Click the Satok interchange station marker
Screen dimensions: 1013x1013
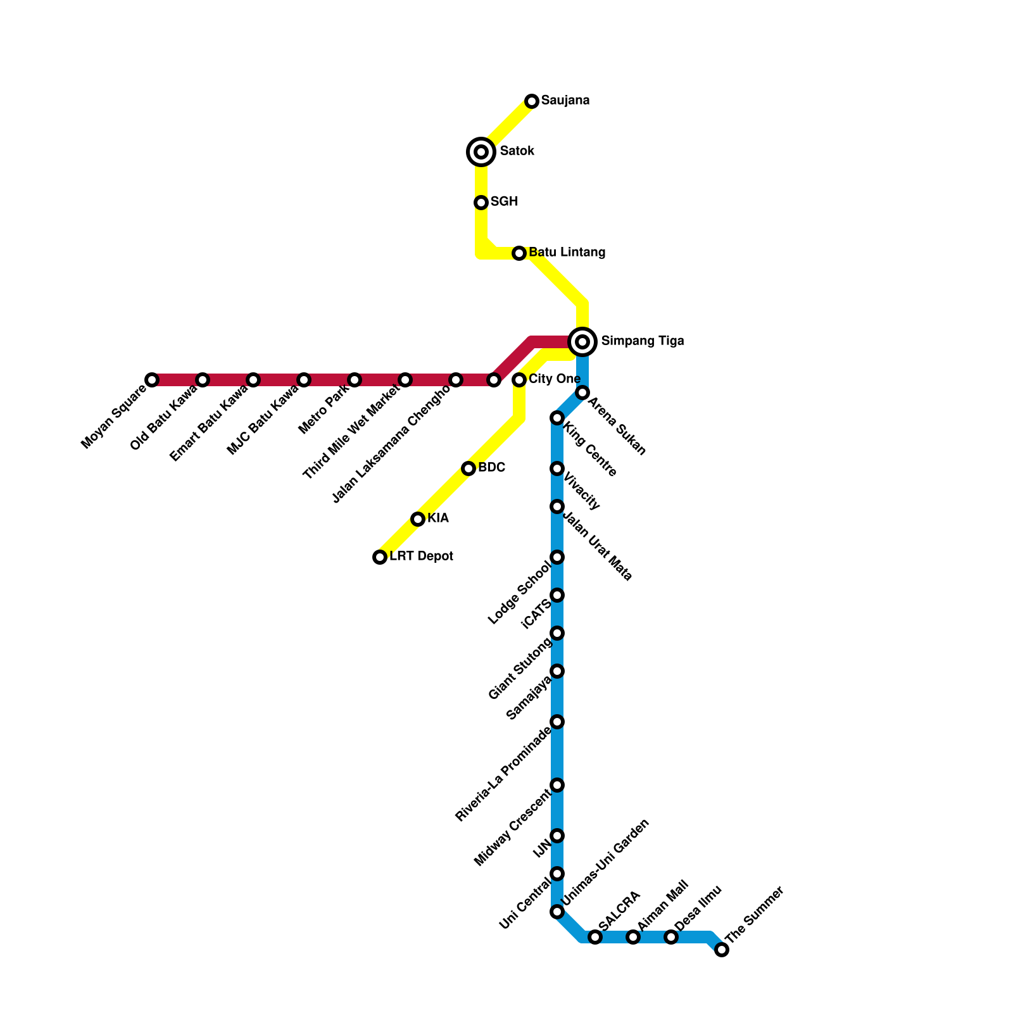click(481, 152)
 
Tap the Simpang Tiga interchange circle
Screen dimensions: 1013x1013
click(582, 342)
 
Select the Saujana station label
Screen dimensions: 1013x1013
click(565, 101)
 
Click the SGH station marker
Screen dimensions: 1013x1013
click(481, 203)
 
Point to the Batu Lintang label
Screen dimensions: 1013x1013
click(567, 253)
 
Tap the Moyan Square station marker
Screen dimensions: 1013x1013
click(152, 380)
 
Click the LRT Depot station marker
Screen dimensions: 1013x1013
click(380, 557)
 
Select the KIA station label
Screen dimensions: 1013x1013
click(437, 519)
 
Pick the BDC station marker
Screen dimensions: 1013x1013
click(469, 469)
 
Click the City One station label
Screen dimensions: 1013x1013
click(554, 379)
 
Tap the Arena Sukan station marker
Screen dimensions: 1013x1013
click(582, 393)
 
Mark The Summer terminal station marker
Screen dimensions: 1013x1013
click(722, 950)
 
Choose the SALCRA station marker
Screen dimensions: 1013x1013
click(595, 937)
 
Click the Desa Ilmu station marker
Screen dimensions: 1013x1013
click(671, 937)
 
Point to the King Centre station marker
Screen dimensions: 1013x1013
click(557, 418)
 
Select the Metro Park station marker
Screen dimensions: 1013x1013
click(355, 380)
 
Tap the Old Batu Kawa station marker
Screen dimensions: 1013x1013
click(203, 380)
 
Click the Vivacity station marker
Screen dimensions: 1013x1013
click(557, 469)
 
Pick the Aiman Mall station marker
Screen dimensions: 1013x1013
click(633, 937)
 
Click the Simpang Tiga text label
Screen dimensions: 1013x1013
click(642, 341)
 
